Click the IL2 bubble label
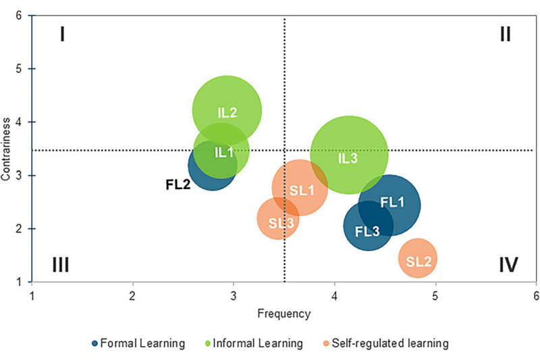[227, 113]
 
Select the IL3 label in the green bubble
[348, 158]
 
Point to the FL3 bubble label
[367, 231]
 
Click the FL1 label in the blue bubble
[392, 201]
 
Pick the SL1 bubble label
[302, 190]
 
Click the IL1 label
[224, 152]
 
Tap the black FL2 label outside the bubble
[179, 183]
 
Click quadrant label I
[62, 34]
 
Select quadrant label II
[505, 34]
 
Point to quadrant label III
[61, 264]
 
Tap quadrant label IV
[508, 264]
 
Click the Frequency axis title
[283, 313]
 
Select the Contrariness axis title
[7, 150]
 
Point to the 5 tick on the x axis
[435, 295]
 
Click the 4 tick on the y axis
[21, 122]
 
